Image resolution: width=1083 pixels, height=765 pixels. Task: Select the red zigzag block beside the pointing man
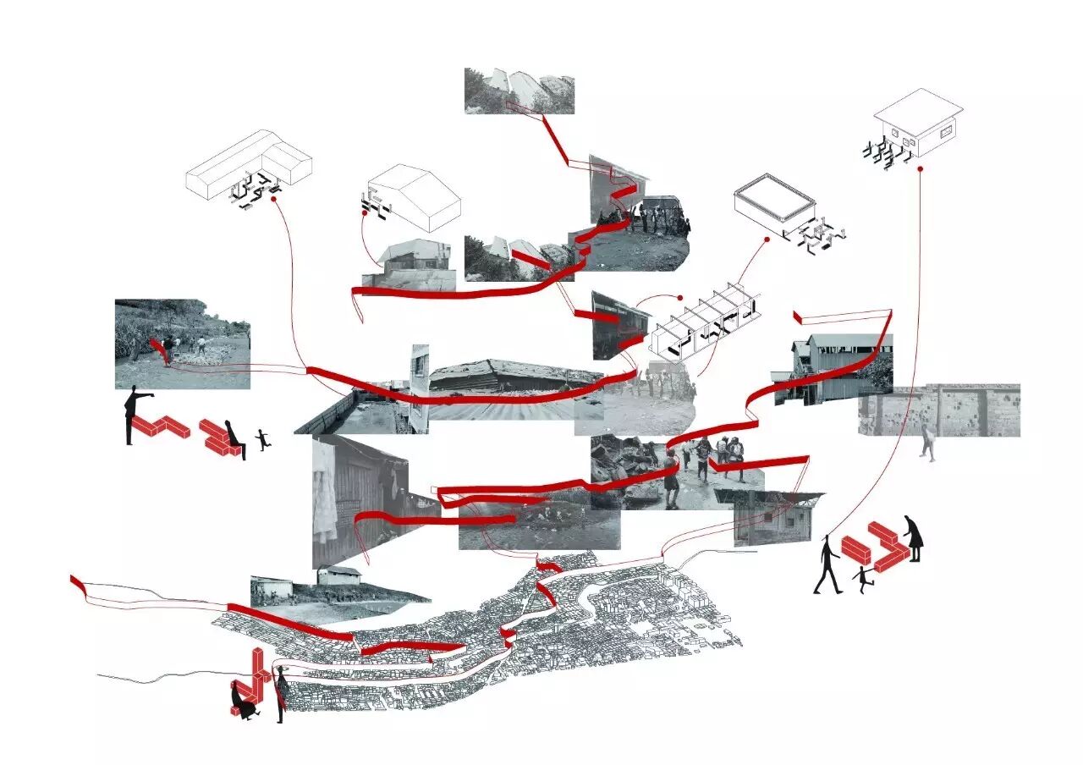(x=162, y=427)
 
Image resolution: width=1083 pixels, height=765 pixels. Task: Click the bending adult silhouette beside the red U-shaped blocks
(x=914, y=538)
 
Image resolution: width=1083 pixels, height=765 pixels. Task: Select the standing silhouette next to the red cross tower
(x=281, y=692)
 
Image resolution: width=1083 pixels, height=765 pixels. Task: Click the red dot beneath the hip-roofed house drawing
(x=920, y=168)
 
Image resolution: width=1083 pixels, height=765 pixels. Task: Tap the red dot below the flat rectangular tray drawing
(x=767, y=239)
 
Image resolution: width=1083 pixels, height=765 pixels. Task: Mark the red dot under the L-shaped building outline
(x=274, y=201)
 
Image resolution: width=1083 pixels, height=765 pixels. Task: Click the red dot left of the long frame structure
(x=679, y=298)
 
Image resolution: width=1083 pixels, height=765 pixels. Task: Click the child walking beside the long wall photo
(x=929, y=442)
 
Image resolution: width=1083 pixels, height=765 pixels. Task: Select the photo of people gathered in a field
(x=182, y=344)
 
